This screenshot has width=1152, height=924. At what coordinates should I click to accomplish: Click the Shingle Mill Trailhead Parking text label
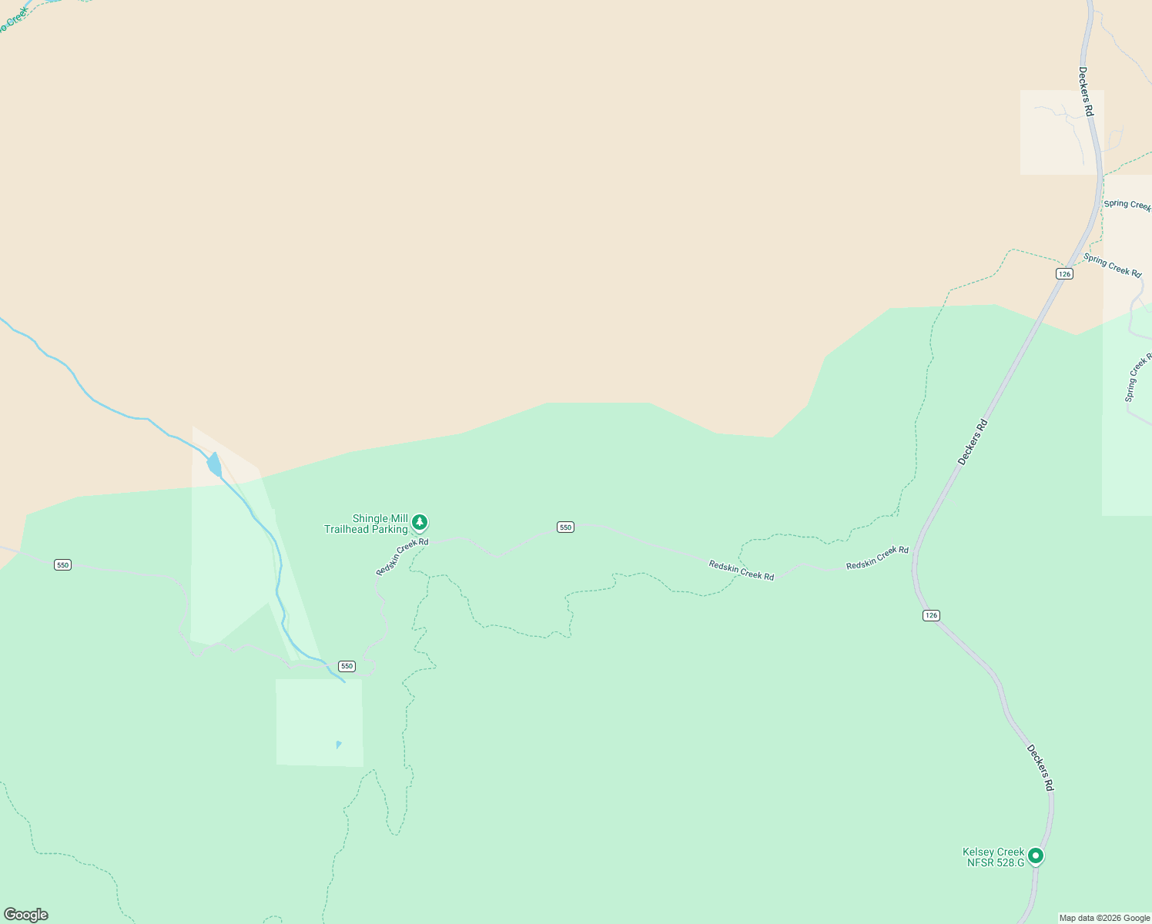pos(366,524)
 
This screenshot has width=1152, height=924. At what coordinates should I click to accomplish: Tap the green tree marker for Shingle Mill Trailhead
pos(420,523)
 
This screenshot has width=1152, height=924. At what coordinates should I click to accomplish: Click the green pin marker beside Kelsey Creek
pos(1036,855)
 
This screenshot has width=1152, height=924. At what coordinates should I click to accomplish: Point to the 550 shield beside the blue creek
pos(347,666)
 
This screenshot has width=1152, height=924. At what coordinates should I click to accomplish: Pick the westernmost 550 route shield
pos(62,565)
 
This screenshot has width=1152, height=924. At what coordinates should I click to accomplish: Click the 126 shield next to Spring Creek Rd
pos(1064,274)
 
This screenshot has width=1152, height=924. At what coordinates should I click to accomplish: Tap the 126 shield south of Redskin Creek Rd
pos(931,615)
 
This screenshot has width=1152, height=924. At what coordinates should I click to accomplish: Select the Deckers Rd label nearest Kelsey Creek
pos(1040,768)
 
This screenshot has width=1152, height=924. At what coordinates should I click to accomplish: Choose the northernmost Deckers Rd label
pos(1086,92)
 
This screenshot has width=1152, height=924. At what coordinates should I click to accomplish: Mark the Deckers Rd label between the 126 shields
pos(973,442)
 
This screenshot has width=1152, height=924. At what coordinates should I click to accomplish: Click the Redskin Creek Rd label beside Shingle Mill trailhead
pos(402,556)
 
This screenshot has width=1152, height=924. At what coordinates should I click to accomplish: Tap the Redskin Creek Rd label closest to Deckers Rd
pos(877,558)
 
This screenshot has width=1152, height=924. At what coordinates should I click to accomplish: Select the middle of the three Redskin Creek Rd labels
pos(741,571)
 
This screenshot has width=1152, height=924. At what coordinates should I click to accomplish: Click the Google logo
pos(26,915)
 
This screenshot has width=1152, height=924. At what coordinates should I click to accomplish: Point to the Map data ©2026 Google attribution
pos(1104,918)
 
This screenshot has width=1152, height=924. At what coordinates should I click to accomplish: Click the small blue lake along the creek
pos(214,465)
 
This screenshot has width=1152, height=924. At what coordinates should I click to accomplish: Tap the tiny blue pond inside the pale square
pos(338,745)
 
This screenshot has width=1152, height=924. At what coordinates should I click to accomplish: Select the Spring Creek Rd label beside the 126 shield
pos(1112,265)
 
